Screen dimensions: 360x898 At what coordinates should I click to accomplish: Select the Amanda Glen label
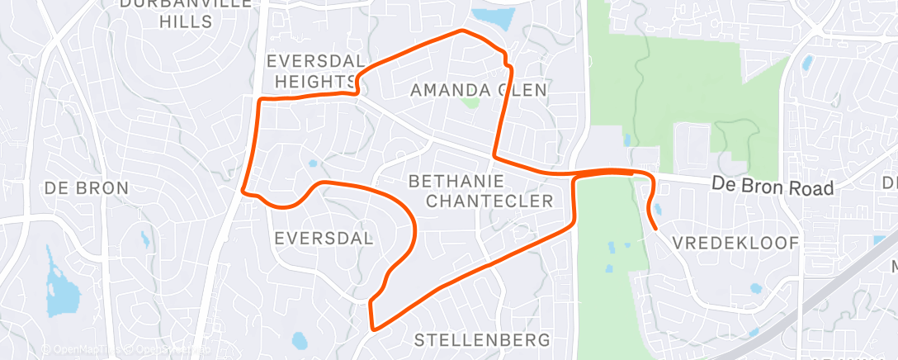click(x=479, y=90)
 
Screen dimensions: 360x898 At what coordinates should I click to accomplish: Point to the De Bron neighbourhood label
click(x=87, y=188)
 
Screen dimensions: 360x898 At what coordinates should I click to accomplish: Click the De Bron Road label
click(x=773, y=187)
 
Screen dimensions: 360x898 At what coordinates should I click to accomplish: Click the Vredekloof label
click(x=735, y=243)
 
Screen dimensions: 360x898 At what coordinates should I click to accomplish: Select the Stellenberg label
click(x=481, y=339)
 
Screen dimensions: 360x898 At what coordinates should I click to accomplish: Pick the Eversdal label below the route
click(x=323, y=239)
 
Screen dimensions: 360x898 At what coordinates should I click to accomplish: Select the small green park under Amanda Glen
click(x=470, y=104)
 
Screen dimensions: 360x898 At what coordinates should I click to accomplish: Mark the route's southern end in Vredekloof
click(x=656, y=227)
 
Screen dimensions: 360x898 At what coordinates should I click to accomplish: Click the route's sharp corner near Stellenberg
click(x=373, y=329)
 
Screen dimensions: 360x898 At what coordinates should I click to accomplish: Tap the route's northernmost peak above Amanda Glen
click(x=462, y=31)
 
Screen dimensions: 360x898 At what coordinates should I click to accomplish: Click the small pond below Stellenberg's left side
click(x=299, y=339)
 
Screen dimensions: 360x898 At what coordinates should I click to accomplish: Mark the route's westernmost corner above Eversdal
click(x=243, y=192)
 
